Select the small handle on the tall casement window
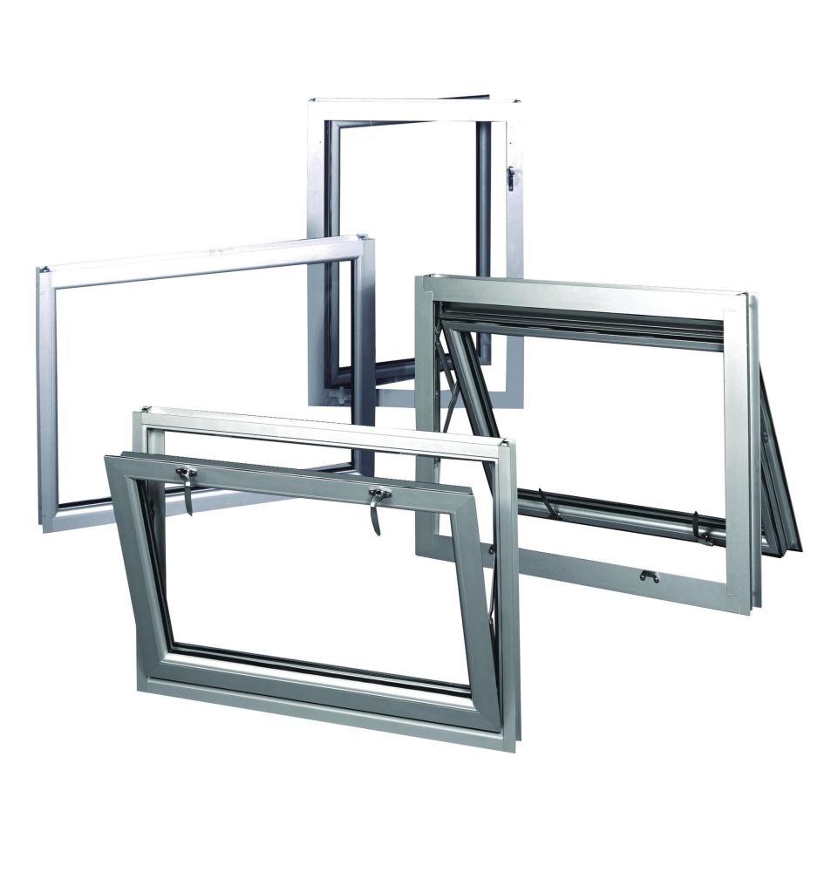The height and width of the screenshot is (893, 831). [x=511, y=178]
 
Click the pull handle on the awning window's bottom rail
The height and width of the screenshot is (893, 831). [x=648, y=575]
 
